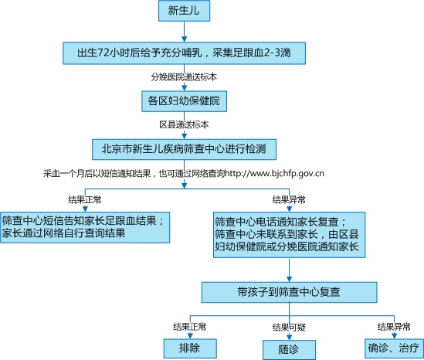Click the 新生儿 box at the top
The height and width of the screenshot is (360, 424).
point(184,11)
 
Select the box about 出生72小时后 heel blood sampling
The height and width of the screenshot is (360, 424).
point(184,53)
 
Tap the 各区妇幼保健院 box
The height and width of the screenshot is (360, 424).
point(184,101)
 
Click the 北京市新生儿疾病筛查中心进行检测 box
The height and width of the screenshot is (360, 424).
point(184,149)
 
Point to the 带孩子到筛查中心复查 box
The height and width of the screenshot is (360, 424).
point(290,292)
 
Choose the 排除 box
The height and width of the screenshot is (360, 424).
point(190,348)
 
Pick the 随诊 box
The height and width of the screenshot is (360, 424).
point(290,350)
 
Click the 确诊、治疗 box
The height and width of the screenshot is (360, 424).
point(394,348)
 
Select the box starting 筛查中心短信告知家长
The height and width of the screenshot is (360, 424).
point(85,227)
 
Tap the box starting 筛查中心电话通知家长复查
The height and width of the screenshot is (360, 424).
point(290,235)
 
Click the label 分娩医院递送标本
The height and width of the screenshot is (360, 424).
point(184,77)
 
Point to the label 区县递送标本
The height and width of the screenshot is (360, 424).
point(184,124)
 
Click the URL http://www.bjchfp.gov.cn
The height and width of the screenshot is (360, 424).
point(274,173)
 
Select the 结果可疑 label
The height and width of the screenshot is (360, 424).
point(289,328)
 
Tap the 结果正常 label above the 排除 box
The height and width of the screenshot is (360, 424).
point(190,327)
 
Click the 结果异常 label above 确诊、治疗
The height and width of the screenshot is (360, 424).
point(394,327)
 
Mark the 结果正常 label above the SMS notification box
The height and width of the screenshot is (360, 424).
point(85,200)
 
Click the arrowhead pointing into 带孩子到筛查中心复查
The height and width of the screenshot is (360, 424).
point(290,280)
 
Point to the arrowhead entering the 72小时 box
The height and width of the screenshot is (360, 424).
point(184,39)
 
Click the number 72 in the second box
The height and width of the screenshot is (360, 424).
point(103,53)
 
